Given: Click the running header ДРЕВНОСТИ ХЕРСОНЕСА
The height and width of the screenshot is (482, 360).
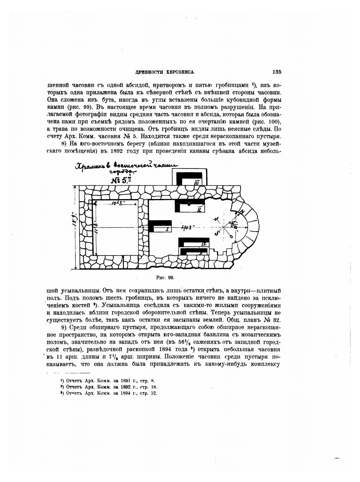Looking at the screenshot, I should tap(165, 72).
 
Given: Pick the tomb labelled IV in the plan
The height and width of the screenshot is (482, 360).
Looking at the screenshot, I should tap(204, 244).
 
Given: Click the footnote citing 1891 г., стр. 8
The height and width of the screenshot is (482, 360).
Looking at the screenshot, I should tap(107, 381).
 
